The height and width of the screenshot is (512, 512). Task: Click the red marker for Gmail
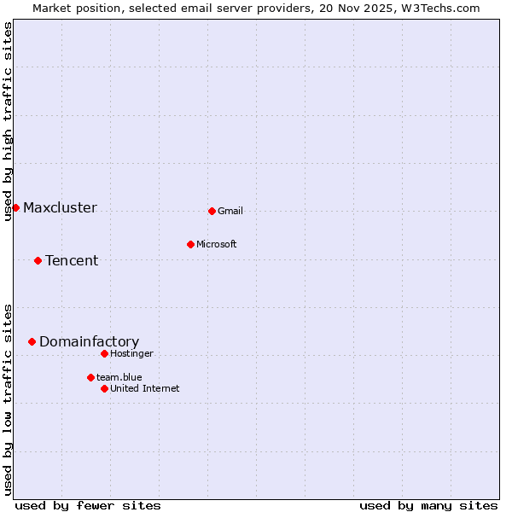[x=212, y=211]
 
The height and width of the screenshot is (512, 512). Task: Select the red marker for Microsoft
[x=190, y=244]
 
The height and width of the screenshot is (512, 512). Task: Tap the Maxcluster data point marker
[x=15, y=207]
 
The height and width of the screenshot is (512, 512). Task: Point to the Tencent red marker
[x=38, y=260]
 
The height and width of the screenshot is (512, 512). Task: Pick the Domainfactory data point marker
[x=32, y=341]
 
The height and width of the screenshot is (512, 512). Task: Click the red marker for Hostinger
[x=104, y=353]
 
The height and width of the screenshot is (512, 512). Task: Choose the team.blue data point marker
[x=90, y=377]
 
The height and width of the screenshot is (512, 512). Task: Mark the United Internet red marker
[x=104, y=388]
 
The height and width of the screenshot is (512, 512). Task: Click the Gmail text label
[x=230, y=211]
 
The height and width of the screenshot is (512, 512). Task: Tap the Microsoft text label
[x=217, y=244]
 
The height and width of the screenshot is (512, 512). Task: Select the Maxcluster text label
[x=60, y=207]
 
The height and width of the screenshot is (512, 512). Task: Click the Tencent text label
[x=72, y=260]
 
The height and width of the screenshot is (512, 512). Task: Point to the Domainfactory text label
[x=89, y=341]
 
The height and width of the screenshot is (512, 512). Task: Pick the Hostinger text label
[x=131, y=353]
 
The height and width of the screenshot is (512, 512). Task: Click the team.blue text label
[x=119, y=377]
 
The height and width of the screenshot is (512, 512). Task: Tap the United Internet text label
[x=144, y=388]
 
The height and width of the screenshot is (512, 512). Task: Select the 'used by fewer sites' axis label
[x=88, y=505]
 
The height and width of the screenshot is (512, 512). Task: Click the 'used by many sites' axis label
[x=428, y=505]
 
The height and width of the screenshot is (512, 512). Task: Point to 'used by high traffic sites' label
[x=8, y=121]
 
